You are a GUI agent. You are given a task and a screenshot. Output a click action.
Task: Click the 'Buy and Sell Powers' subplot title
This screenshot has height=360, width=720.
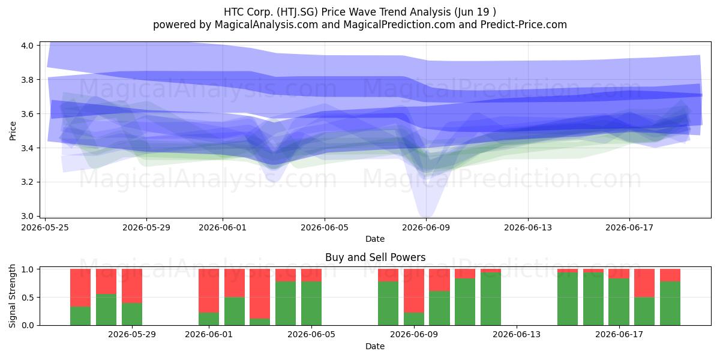click(375, 257)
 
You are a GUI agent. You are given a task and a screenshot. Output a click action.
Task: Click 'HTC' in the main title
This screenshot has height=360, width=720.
click(233, 12)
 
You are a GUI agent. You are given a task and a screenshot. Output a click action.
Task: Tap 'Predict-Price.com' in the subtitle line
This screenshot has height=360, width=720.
click(524, 25)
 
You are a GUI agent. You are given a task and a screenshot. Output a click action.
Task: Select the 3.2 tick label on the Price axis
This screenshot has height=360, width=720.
click(28, 182)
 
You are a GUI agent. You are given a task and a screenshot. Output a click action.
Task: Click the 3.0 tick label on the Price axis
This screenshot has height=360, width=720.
click(28, 217)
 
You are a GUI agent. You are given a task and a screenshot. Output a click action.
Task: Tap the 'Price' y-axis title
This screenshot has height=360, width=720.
click(13, 131)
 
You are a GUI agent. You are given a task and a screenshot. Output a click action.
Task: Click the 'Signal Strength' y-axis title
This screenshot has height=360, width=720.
click(12, 296)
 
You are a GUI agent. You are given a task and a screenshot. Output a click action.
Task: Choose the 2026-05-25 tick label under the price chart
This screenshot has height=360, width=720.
click(45, 227)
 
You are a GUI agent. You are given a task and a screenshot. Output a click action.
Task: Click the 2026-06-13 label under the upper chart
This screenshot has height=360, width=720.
click(528, 227)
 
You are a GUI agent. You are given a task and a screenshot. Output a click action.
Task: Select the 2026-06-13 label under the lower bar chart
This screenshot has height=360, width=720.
click(517, 334)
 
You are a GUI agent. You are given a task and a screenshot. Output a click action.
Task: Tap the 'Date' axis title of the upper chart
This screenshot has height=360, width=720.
click(375, 239)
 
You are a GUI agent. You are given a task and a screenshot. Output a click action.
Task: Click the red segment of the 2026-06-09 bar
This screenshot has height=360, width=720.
click(414, 290)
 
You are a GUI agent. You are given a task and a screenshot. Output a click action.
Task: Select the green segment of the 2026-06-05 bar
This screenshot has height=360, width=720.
click(311, 304)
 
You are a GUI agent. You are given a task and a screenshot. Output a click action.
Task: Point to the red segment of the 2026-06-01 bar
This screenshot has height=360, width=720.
click(209, 290)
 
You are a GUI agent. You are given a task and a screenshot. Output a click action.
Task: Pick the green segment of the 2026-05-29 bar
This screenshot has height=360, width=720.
click(132, 314)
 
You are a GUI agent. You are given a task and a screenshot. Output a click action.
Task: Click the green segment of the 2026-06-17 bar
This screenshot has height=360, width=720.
click(619, 302)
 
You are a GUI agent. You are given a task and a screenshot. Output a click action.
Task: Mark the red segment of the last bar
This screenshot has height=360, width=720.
click(670, 275)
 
